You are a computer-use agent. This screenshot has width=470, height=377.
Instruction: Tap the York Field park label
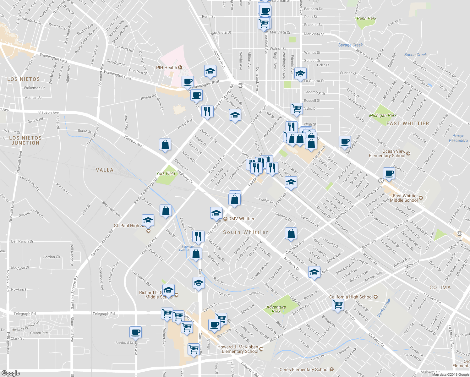tap(166, 173)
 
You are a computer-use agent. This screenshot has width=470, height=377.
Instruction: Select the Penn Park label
tap(366, 18)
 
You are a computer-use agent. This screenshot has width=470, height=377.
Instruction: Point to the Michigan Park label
tap(383, 115)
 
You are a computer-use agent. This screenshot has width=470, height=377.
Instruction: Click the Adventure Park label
tap(276, 309)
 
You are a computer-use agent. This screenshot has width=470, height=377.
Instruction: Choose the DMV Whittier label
tap(241, 219)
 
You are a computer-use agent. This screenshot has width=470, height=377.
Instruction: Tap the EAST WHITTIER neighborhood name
tap(407, 123)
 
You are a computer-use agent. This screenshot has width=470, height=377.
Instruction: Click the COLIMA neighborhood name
tap(440, 287)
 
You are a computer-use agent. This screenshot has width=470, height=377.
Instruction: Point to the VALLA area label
tap(104, 170)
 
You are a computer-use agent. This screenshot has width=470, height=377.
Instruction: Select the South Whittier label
tap(245, 232)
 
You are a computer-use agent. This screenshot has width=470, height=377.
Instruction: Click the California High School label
tap(351, 297)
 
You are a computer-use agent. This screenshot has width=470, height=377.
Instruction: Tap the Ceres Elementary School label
tap(304, 369)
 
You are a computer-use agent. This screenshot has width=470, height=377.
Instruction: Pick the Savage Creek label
tap(350, 45)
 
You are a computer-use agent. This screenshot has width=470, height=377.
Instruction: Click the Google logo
tap(10, 373)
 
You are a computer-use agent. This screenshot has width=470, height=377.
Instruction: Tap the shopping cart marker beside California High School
tap(338, 304)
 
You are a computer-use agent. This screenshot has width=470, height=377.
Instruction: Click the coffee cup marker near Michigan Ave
tap(345, 141)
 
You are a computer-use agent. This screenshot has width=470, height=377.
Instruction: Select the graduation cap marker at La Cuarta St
tap(300, 74)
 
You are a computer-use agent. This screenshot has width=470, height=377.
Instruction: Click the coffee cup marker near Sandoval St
tap(136, 332)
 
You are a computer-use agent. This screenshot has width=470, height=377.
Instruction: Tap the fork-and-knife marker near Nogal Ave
tap(207, 111)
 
